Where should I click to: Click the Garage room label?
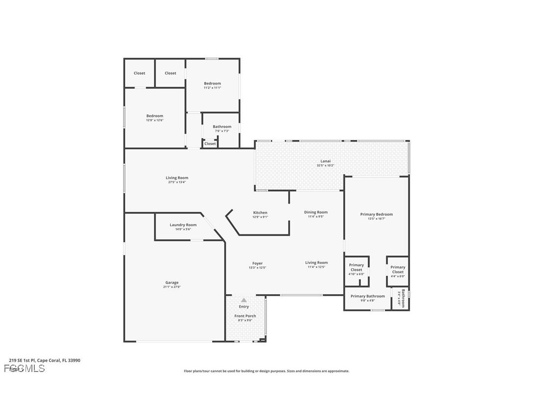coord(172,283)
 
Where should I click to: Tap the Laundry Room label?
coord(183,225)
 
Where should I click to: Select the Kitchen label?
coord(260,213)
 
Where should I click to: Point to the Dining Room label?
coord(316,212)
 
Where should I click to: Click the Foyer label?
coord(258,263)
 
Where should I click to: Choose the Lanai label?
coord(325,161)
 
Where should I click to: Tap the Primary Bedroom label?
coord(376,214)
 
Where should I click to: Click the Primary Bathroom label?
coord(368,296)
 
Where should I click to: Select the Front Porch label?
coord(245,316)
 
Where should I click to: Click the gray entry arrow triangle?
coord(244,300)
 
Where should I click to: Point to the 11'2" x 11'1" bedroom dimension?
coord(213,87)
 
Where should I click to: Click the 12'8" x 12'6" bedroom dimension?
coord(155,120)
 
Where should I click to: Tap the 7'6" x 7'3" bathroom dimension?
coord(222,131)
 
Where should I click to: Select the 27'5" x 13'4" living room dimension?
coord(177,182)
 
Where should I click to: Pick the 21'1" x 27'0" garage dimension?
coord(172,287)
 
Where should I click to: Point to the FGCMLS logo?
coord(25,369)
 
